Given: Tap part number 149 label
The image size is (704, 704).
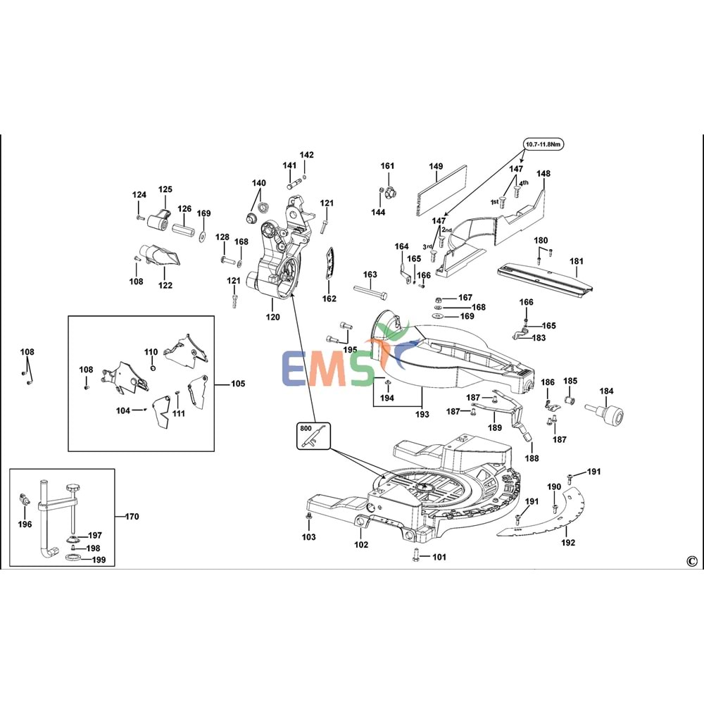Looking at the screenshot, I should point(436,167).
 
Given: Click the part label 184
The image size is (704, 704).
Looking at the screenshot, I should point(606,391).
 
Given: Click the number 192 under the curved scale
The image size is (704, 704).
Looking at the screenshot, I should point(568,542).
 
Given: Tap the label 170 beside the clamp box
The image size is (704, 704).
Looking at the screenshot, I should point(131,517).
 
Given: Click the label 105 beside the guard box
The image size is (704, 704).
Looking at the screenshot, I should point(238,384).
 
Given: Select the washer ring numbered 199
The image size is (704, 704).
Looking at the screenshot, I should point(73,559).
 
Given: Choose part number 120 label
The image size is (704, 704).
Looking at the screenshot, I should point(272,317).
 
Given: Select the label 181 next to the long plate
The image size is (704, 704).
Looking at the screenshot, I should point(577,261).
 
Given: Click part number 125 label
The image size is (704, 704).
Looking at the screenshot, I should point(165,189).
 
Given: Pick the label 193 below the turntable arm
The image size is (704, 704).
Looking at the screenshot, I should point(422,413).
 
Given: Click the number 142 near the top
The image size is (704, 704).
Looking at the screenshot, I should point(307,155).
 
